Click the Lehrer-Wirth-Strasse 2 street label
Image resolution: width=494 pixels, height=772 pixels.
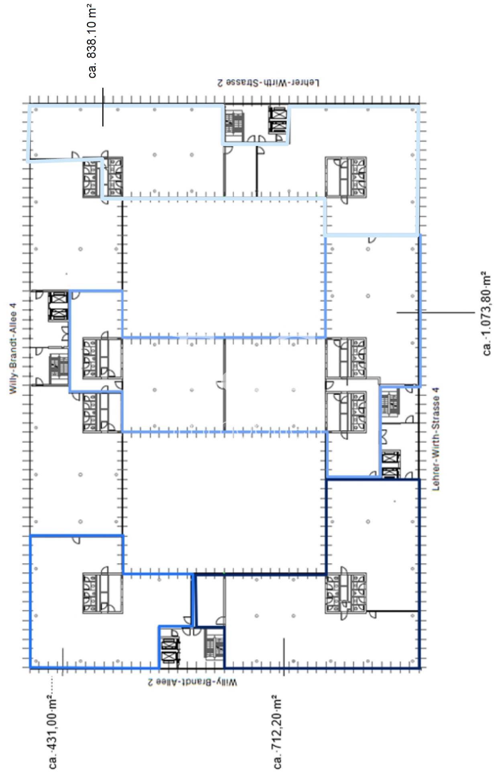coord(268,82)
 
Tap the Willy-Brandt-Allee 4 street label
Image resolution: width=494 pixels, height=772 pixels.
coord(13,348)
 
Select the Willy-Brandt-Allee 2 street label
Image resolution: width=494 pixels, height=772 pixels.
coord(192,683)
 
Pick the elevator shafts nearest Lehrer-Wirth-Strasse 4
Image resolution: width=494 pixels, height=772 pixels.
coord(391,464)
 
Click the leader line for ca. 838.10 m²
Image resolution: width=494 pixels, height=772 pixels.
coord(102,107)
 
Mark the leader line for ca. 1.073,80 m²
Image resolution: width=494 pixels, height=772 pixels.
coord(435,312)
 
